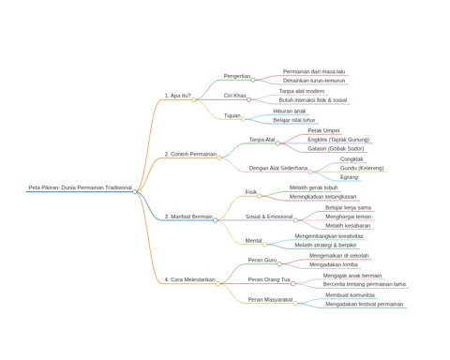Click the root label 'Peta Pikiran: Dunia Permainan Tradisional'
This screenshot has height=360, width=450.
click(x=80, y=187)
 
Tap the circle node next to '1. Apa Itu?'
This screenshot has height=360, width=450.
click(x=194, y=99)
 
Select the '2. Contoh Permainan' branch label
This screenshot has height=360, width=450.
click(x=190, y=154)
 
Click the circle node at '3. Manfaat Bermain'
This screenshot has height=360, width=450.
click(x=216, y=220)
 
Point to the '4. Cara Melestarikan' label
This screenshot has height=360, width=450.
click(x=190, y=279)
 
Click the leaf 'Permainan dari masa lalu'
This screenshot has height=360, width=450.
click(x=314, y=71)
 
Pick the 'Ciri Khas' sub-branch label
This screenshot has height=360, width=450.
click(x=235, y=96)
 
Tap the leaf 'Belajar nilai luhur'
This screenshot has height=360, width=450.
click(x=294, y=120)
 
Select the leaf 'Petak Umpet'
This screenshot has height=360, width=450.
click(x=323, y=130)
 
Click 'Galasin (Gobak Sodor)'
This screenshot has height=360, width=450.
click(x=336, y=148)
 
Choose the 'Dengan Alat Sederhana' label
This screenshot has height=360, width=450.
click(x=278, y=168)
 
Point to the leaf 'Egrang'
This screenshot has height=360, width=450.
click(x=349, y=177)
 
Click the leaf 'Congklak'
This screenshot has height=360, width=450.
click(x=352, y=159)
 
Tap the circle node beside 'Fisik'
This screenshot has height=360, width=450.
click(x=260, y=196)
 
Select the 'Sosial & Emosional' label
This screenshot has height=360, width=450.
click(x=269, y=217)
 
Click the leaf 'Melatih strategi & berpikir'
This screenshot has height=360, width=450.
click(x=325, y=245)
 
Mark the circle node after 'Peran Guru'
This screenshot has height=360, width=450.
click(x=279, y=264)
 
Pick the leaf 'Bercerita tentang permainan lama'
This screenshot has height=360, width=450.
click(x=365, y=284)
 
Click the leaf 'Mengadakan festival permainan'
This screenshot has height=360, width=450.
click(x=365, y=304)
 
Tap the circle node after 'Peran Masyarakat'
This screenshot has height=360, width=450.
click(x=295, y=304)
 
